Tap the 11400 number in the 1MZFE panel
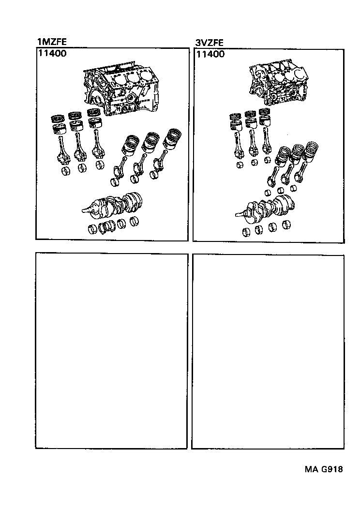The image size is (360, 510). coord(52,54)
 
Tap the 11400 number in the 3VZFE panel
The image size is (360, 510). coord(210,54)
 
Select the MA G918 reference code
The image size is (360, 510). coord(324,469)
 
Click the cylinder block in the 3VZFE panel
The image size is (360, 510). coord(278,82)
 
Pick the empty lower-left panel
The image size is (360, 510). coord(111,351)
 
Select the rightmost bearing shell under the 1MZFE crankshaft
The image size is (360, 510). coord(134,222)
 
